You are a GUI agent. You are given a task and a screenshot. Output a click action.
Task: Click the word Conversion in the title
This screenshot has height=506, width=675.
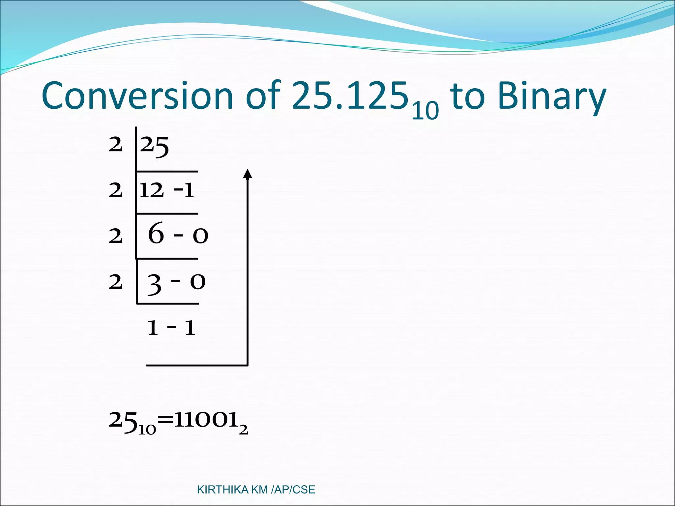(x=137, y=96)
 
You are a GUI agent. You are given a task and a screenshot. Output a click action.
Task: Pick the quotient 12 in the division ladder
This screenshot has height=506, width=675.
(x=151, y=190)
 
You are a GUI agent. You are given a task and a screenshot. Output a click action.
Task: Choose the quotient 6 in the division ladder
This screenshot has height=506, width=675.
(x=156, y=233)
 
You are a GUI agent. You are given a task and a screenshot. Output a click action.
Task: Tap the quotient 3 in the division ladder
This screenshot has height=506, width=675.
(x=154, y=284)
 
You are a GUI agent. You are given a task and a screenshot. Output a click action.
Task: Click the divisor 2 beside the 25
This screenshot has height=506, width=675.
(x=116, y=145)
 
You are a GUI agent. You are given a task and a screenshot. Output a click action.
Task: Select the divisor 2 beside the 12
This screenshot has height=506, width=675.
(x=116, y=191)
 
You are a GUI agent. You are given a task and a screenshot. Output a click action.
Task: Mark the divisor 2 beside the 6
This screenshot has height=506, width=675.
(x=116, y=237)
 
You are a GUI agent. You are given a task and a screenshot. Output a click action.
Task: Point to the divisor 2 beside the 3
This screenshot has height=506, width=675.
(x=116, y=282)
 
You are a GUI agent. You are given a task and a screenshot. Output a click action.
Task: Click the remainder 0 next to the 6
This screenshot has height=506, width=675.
(x=200, y=236)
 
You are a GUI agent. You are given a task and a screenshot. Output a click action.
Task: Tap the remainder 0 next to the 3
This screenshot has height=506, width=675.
(x=198, y=282)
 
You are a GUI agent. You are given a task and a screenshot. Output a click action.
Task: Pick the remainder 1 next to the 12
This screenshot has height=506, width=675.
(x=189, y=190)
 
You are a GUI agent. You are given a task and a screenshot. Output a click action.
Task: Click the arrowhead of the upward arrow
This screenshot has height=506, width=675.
(x=248, y=174)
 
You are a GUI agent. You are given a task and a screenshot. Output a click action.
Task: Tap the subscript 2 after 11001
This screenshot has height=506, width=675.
(x=243, y=430)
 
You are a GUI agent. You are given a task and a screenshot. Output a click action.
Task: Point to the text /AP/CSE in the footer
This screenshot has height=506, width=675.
(x=293, y=490)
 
